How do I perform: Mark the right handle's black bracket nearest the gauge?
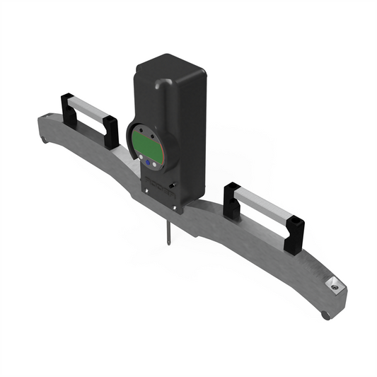pyautogui.click(x=231, y=199)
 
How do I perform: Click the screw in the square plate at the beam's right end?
pyautogui.click(x=332, y=286)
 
